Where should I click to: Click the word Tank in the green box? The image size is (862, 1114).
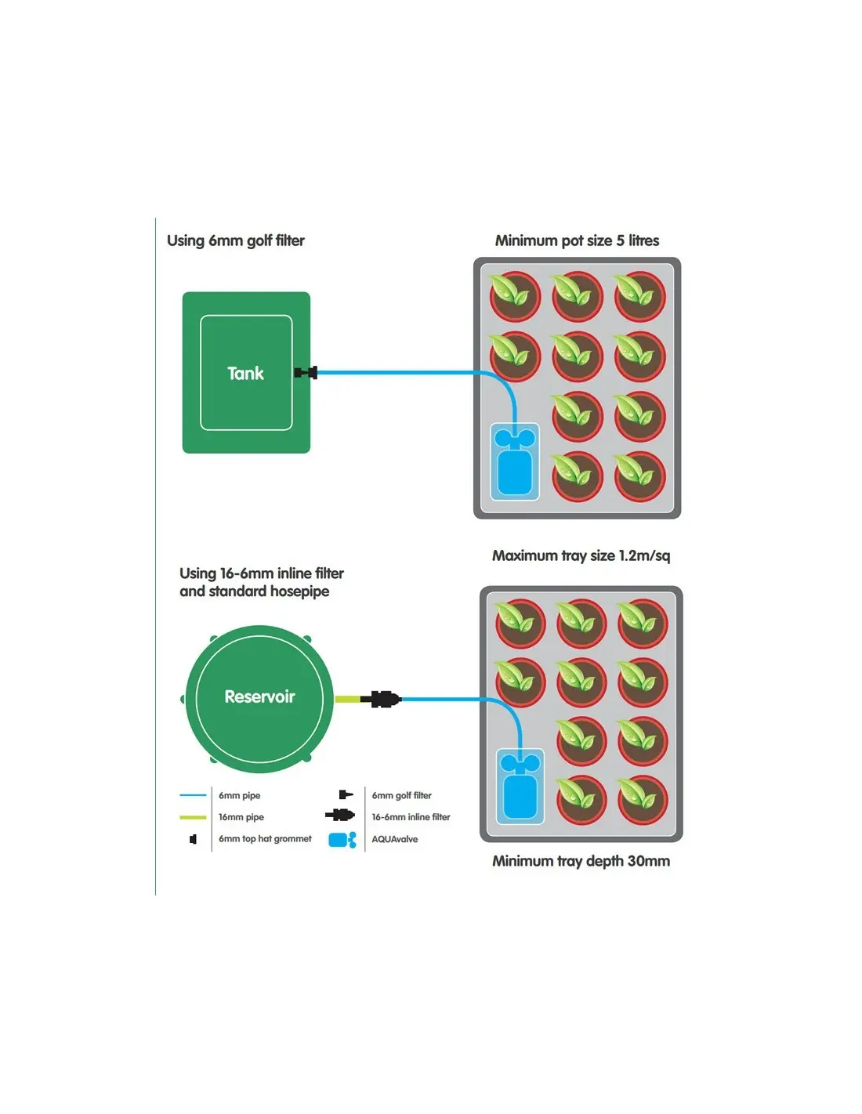pyautogui.click(x=245, y=374)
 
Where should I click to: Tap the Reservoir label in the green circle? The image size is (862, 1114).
pyautogui.click(x=259, y=696)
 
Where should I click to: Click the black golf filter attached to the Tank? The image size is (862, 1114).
pyautogui.click(x=306, y=373)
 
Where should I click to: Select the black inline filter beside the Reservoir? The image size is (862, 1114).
pyautogui.click(x=383, y=699)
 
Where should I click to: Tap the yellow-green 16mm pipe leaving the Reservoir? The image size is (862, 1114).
pyautogui.click(x=346, y=699)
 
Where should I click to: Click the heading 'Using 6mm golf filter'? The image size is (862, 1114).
pyautogui.click(x=235, y=241)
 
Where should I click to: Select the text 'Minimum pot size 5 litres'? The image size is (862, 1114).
pyautogui.click(x=577, y=241)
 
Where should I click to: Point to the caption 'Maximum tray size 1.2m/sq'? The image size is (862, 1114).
pyautogui.click(x=581, y=555)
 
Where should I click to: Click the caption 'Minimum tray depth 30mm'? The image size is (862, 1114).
pyautogui.click(x=581, y=861)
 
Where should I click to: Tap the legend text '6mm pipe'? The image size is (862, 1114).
pyautogui.click(x=239, y=796)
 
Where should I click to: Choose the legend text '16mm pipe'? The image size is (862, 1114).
pyautogui.click(x=241, y=817)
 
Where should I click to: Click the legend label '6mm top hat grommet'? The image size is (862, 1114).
pyautogui.click(x=265, y=839)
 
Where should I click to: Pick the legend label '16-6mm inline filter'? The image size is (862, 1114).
pyautogui.click(x=411, y=817)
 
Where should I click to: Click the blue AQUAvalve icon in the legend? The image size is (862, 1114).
pyautogui.click(x=342, y=840)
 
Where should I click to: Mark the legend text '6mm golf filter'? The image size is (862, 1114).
pyautogui.click(x=401, y=796)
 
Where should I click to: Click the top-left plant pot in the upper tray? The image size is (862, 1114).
pyautogui.click(x=515, y=296)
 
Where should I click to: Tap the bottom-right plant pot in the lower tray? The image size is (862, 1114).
pyautogui.click(x=642, y=800)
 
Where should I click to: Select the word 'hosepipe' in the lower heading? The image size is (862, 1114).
pyautogui.click(x=299, y=591)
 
